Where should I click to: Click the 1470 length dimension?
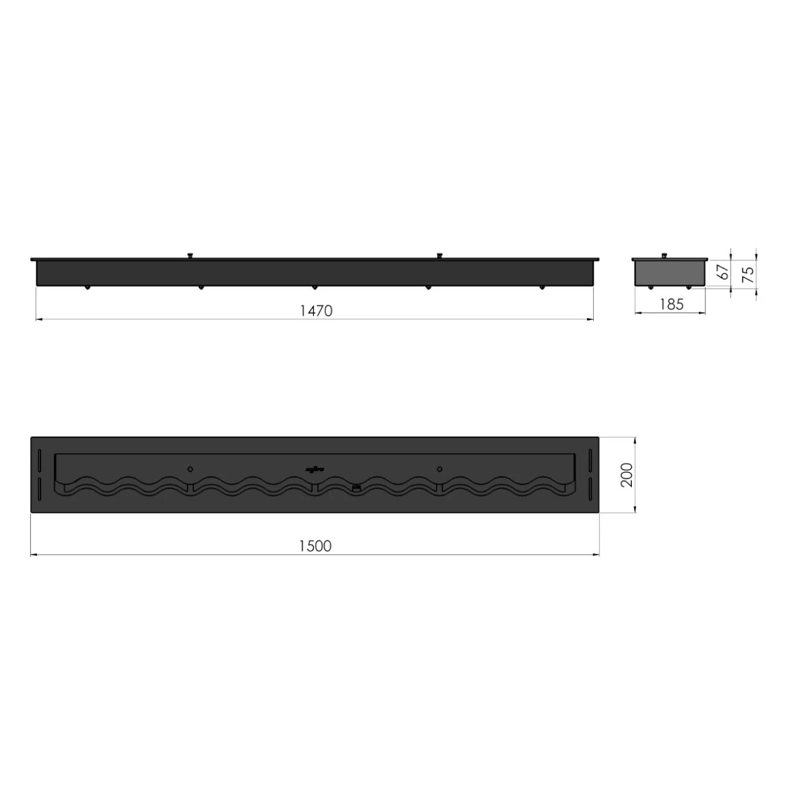316,311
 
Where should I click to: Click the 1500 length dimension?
315,546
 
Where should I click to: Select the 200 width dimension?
626,475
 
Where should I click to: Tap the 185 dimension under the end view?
671,305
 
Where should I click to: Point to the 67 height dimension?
725,271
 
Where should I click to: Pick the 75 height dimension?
748,274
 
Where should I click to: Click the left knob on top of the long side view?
190,255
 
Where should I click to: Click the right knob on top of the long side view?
439,255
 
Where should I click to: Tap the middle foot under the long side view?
314,287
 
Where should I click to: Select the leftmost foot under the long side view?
87,287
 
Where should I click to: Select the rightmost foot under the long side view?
542,287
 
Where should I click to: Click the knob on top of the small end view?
664,255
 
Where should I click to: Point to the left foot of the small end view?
651,287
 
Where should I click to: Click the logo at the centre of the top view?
315,470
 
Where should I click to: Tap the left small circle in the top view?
190,469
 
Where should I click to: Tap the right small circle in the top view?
439,469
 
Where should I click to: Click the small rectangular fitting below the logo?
356,488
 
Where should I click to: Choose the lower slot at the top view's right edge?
590,489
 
